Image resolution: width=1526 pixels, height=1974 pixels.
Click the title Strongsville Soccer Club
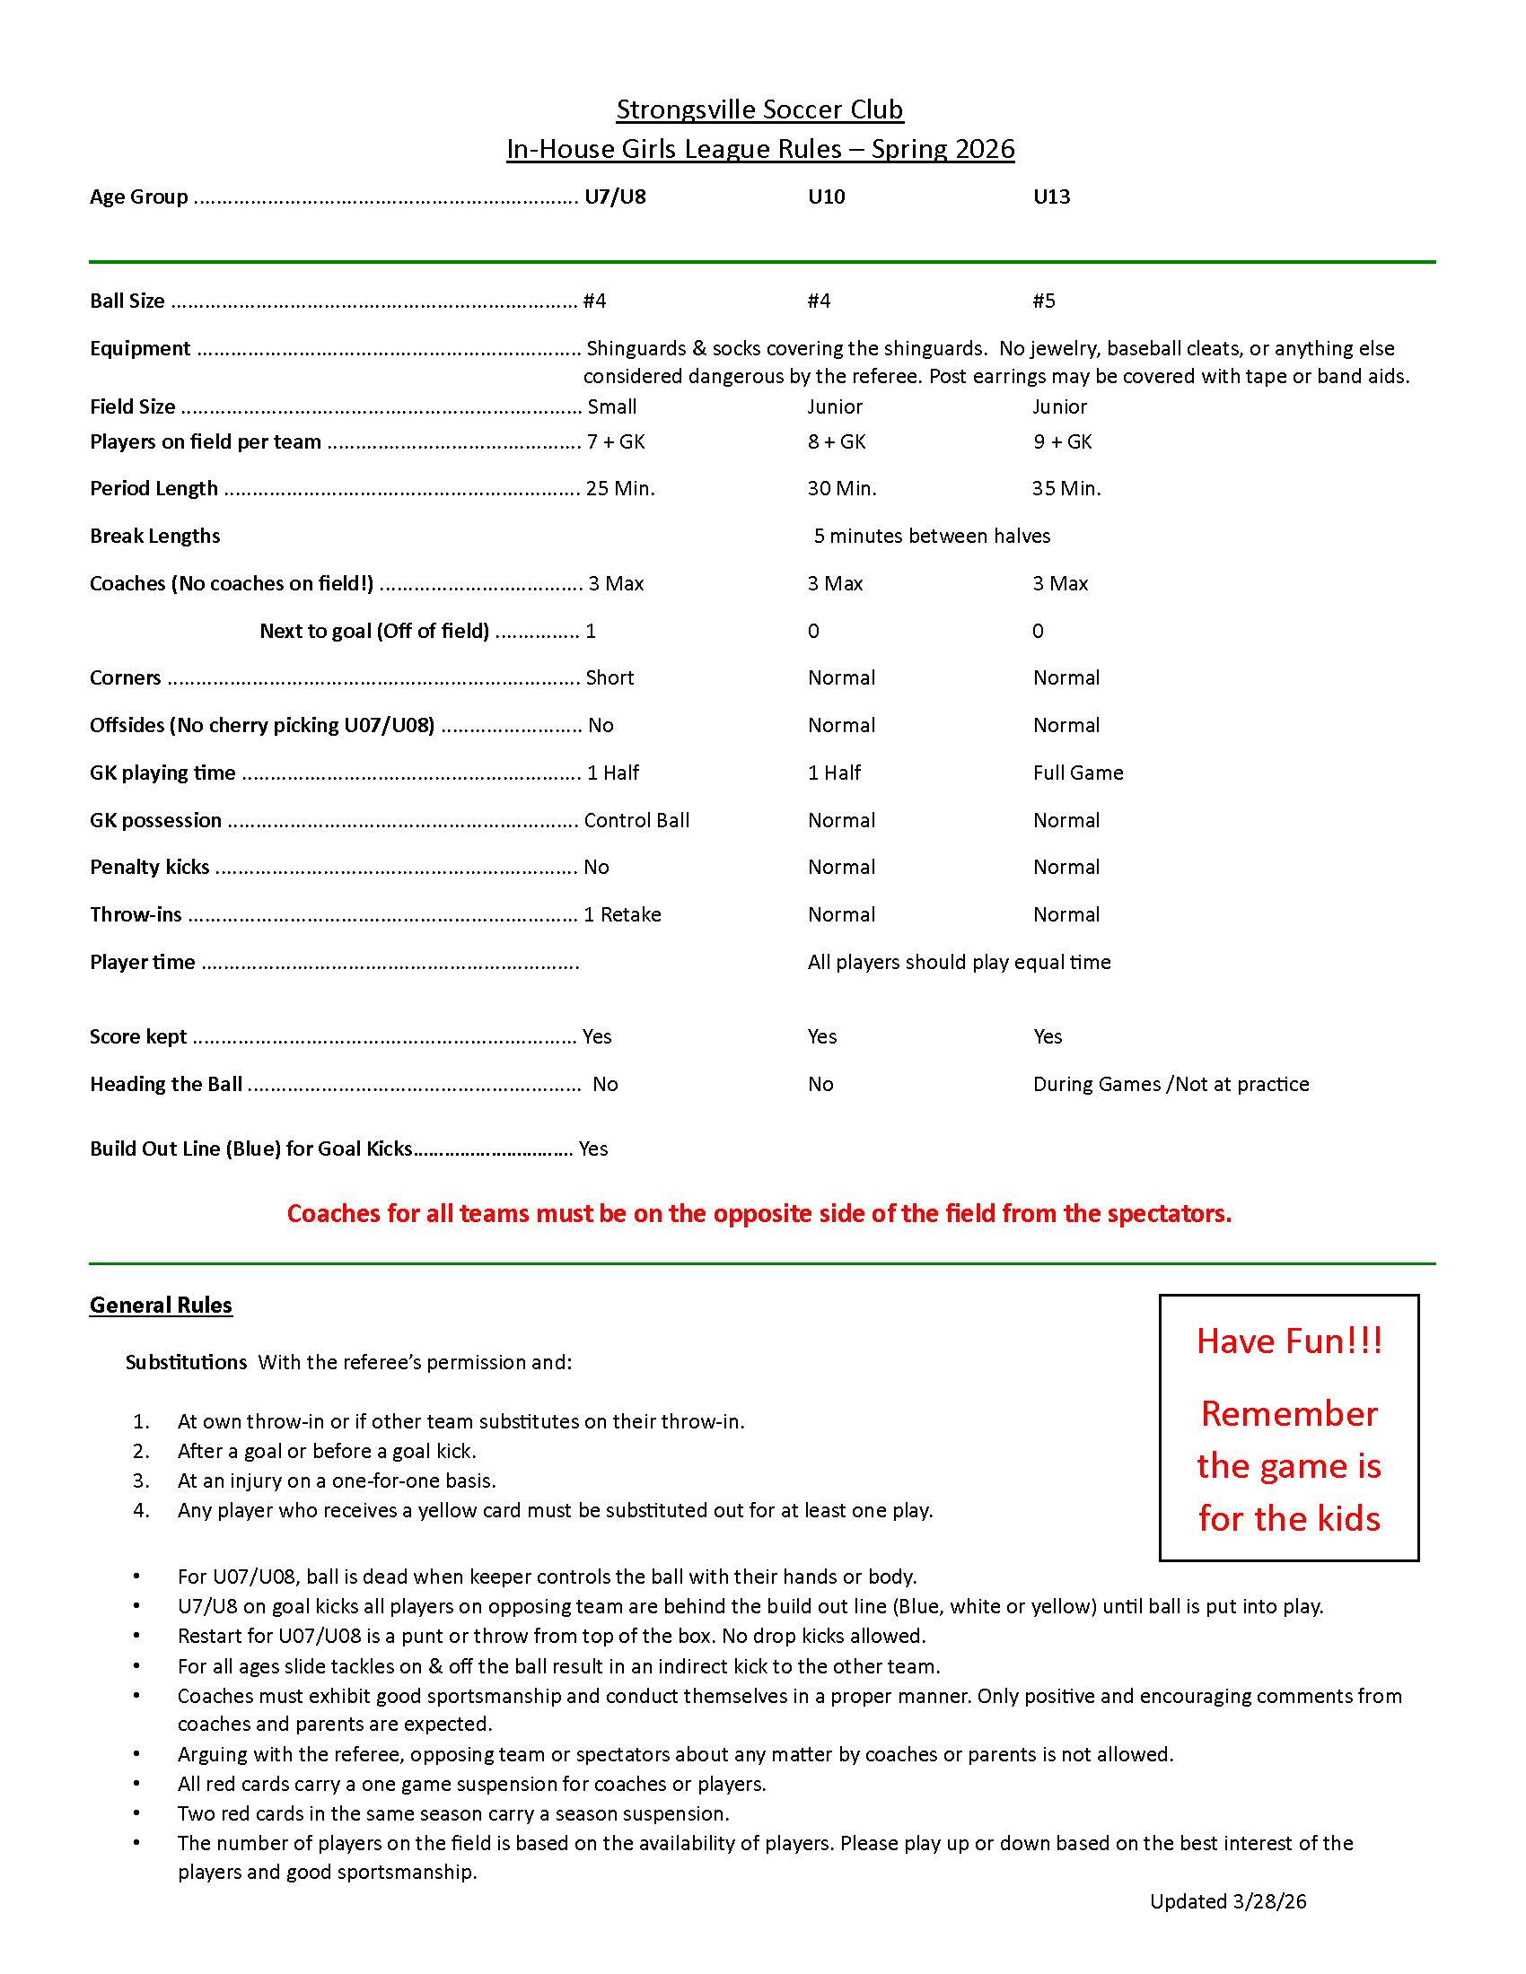pyautogui.click(x=759, y=109)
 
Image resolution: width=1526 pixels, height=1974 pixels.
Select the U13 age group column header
pyautogui.click(x=1051, y=197)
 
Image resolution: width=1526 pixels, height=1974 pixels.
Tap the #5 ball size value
pyautogui.click(x=1044, y=301)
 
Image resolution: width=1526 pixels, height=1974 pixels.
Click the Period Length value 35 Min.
pyautogui.click(x=1066, y=488)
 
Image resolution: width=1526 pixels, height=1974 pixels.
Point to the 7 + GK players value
pyautogui.click(x=616, y=442)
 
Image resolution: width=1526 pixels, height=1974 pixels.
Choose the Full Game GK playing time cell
pyautogui.click(x=1077, y=773)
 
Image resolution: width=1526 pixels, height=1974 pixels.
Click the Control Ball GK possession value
pyautogui.click(x=636, y=820)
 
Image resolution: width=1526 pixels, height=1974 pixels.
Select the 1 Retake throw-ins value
pyautogui.click(x=622, y=914)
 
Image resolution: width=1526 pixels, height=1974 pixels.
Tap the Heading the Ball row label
pyautogui.click(x=165, y=1084)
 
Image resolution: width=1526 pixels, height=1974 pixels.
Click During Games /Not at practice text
pyautogui.click(x=1171, y=1084)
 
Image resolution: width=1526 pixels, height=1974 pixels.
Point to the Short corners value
pyautogui.click(x=610, y=677)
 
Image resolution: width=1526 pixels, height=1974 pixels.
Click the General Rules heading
pyautogui.click(x=161, y=1305)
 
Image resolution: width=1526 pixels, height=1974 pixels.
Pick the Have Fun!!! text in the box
pyautogui.click(x=1289, y=1341)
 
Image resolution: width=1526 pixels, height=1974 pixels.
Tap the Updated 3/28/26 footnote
pyautogui.click(x=1228, y=1900)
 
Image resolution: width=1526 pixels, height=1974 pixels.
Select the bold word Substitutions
pyautogui.click(x=186, y=1362)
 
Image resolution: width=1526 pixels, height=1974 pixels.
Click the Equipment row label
pyautogui.click(x=140, y=349)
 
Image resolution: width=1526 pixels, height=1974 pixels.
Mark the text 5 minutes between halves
pyautogui.click(x=931, y=536)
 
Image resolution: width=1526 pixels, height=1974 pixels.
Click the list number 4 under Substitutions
pyautogui.click(x=141, y=1510)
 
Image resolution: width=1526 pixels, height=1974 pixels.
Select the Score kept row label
pyautogui.click(x=138, y=1036)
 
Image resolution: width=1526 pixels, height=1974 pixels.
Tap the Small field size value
pyautogui.click(x=612, y=406)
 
